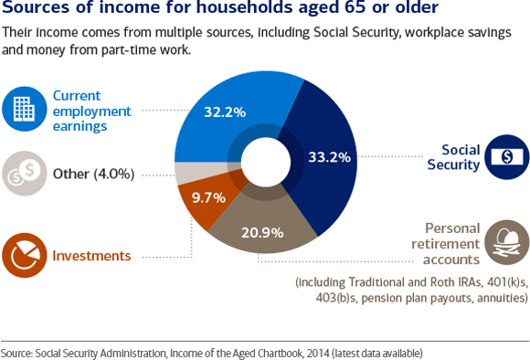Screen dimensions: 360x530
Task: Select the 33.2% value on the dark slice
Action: tap(332, 156)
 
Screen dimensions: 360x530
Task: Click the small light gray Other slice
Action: tap(190, 171)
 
